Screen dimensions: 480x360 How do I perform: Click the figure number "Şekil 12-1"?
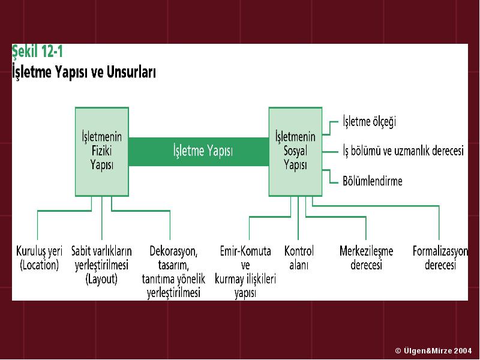(37, 52)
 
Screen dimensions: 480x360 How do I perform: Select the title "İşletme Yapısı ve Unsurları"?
(84, 72)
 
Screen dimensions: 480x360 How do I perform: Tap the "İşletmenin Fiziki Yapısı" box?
(102, 152)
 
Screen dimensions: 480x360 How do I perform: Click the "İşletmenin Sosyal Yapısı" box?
(295, 152)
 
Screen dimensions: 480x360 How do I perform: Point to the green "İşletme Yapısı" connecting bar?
(199, 152)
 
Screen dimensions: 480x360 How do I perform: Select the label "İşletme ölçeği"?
(369, 122)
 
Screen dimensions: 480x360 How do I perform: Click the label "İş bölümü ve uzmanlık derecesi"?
(403, 151)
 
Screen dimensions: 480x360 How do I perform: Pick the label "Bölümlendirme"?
(372, 181)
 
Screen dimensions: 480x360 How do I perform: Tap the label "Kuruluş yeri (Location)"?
(39, 258)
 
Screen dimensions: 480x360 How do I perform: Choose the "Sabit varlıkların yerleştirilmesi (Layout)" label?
(101, 265)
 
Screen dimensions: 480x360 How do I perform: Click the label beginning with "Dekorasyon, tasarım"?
(173, 272)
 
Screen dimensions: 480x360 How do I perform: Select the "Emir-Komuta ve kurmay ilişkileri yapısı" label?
(245, 272)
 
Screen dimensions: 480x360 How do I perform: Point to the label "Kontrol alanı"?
(299, 258)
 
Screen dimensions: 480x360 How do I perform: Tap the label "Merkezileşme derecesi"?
(366, 258)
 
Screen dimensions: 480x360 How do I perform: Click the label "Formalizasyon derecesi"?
(440, 258)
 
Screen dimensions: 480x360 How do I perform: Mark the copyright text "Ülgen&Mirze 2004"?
(438, 350)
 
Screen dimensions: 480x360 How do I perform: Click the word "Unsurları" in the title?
(131, 72)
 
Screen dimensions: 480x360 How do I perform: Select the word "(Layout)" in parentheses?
(101, 279)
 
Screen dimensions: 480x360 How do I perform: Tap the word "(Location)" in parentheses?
(39, 265)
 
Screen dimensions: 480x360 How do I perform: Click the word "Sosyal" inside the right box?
(295, 151)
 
